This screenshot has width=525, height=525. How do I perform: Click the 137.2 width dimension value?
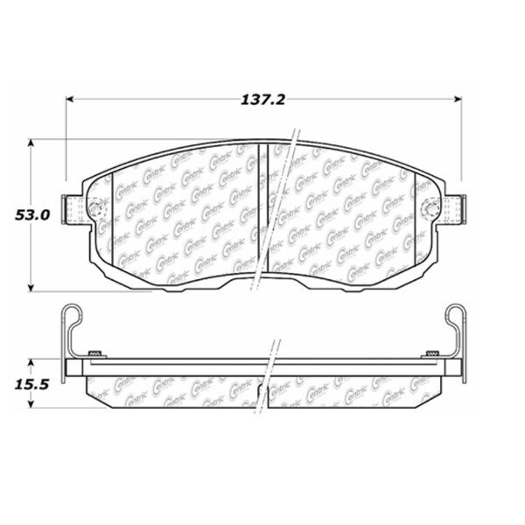(x=263, y=100)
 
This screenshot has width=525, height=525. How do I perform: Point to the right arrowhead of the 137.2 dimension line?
(x=458, y=99)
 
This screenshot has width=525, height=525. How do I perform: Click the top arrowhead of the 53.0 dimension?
(x=32, y=142)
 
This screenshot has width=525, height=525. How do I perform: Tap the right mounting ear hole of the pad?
(x=430, y=208)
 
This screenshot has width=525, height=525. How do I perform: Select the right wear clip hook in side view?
(x=454, y=315)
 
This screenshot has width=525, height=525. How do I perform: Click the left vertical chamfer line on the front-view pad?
(x=115, y=219)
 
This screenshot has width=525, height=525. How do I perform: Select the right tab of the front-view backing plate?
(x=453, y=209)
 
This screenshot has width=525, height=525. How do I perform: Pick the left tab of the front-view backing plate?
(x=73, y=210)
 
